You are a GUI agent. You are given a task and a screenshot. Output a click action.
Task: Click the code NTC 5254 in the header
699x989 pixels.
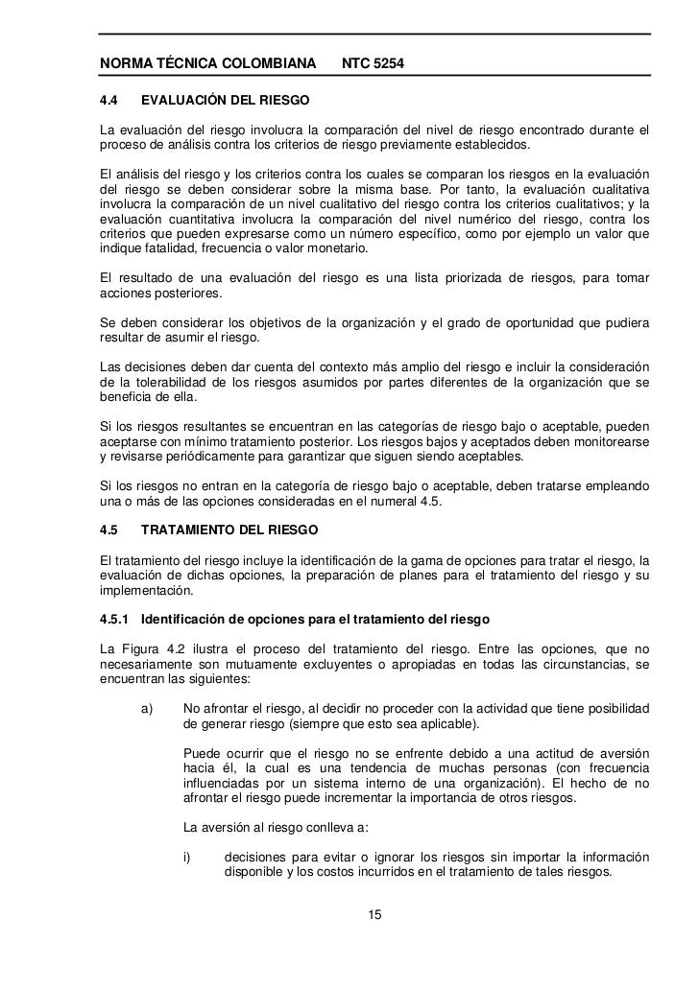click(374, 65)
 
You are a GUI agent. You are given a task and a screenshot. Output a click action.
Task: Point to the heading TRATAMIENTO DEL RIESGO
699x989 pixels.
click(235, 530)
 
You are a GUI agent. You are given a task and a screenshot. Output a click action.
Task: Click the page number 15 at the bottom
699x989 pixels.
click(375, 914)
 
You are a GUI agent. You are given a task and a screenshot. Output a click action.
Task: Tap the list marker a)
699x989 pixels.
click(148, 709)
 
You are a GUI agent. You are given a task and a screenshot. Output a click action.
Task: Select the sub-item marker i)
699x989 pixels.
click(187, 856)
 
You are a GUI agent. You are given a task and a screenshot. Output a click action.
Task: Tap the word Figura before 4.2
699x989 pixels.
click(148, 646)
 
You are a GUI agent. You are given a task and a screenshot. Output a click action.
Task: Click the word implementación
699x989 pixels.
click(139, 592)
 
